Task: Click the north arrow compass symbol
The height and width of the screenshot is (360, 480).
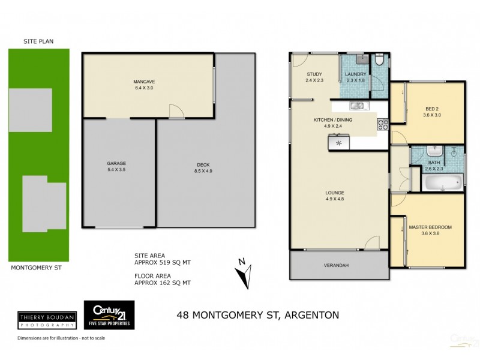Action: pyautogui.click(x=242, y=274)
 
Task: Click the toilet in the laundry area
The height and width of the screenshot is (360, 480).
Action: pyautogui.click(x=378, y=60)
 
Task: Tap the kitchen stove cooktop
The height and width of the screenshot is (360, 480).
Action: pyautogui.click(x=382, y=125)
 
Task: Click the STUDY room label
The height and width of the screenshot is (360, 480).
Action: pyautogui.click(x=314, y=74)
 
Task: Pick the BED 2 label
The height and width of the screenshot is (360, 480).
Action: pyautogui.click(x=432, y=109)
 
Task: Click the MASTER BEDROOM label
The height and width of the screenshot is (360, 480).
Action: pyautogui.click(x=430, y=227)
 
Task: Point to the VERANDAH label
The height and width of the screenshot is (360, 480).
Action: pyautogui.click(x=335, y=265)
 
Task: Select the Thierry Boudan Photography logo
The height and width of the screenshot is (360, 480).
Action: pyautogui.click(x=47, y=319)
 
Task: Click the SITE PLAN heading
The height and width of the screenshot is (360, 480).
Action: pyautogui.click(x=38, y=41)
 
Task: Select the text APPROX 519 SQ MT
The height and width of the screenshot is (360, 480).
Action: pyautogui.click(x=163, y=262)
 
